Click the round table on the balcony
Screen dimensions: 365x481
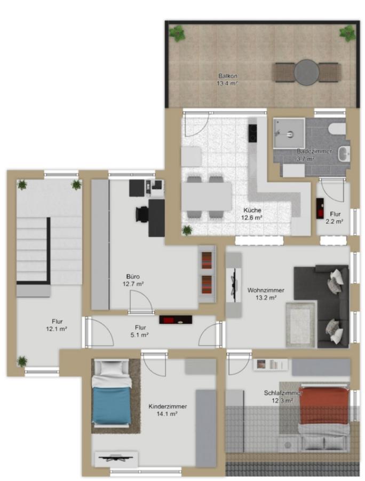tap(306, 73)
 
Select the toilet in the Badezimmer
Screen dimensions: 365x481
tap(337, 129)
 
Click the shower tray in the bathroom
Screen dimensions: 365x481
tap(289, 133)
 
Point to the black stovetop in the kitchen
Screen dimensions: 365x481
tap(252, 133)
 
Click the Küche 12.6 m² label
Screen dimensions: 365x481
tap(252, 214)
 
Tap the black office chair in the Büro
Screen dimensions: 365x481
tap(142, 214)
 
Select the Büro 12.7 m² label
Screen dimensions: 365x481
tap(133, 280)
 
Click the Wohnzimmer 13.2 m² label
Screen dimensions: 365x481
tap(266, 293)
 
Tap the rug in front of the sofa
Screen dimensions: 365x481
tap(300, 325)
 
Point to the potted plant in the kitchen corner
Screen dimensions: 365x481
tap(187, 229)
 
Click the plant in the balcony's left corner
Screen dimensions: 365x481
tap(177, 34)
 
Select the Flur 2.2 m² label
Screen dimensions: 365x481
tap(335, 218)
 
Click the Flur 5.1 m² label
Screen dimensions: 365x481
tap(140, 331)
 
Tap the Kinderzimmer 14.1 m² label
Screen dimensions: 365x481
tap(168, 410)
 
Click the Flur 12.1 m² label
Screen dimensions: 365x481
tap(57, 325)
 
